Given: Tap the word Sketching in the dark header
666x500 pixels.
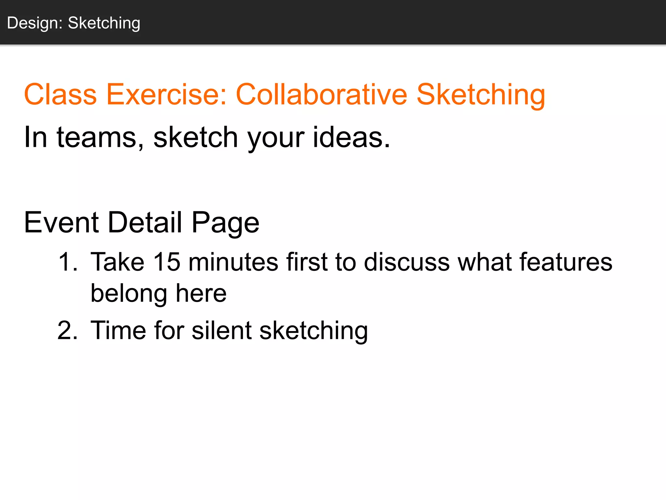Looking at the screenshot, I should [104, 23].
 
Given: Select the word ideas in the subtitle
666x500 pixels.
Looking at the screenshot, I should [351, 137].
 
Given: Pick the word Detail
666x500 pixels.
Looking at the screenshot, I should [145, 223].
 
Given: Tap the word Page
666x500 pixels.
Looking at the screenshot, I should [225, 223].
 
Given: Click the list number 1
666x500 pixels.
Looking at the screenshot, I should [67, 262].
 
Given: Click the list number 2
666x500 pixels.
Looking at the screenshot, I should [67, 331].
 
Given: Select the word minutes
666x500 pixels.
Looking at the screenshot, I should [233, 262].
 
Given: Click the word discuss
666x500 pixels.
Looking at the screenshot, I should [406, 262].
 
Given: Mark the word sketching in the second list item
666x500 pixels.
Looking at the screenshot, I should [313, 331].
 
